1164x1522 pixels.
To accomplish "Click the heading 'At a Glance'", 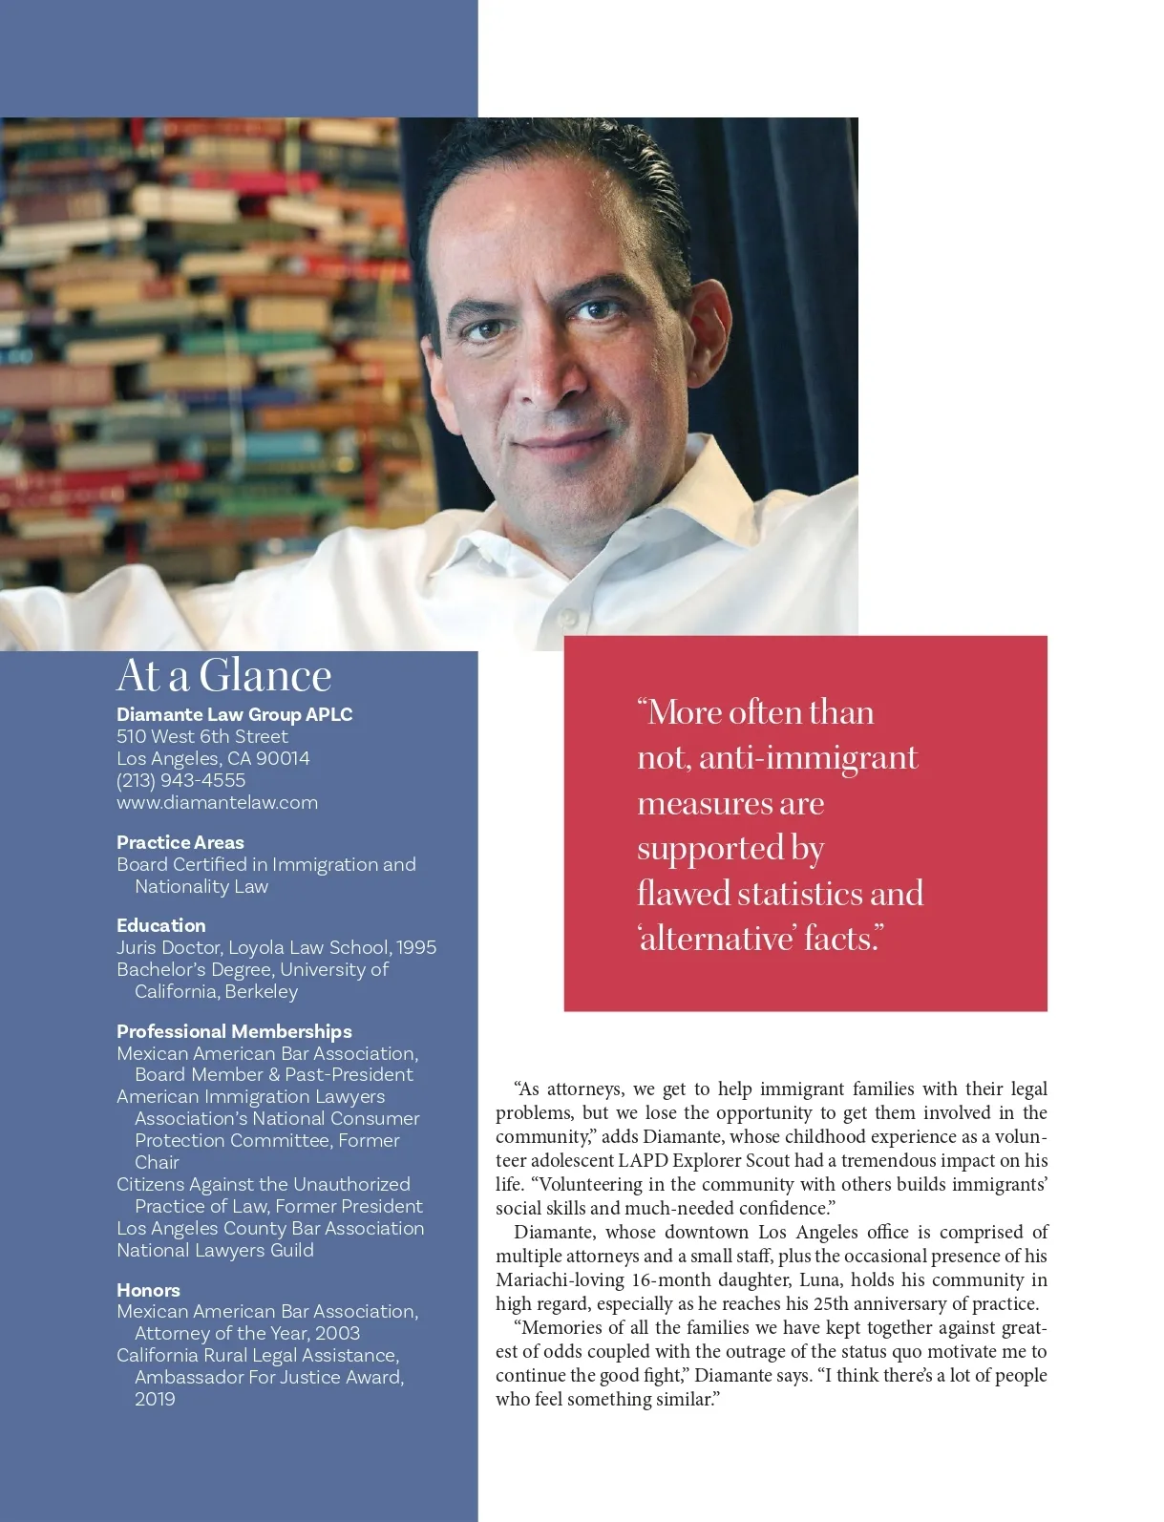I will tap(223, 676).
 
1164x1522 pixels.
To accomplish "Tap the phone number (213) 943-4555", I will tap(180, 780).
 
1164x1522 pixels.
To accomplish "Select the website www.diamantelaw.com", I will tap(217, 802).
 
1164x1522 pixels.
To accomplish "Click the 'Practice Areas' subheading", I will tap(180, 842).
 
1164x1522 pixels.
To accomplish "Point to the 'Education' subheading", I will tap(160, 925).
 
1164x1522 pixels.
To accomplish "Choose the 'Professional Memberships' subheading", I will tap(234, 1031).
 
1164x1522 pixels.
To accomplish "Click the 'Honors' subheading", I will tap(148, 1290).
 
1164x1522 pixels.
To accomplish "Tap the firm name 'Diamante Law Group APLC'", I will tap(234, 714).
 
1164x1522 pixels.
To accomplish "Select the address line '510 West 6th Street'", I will tap(201, 736).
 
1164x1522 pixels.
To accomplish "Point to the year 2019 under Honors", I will tap(155, 1399).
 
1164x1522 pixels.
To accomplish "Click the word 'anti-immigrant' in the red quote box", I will tap(808, 758).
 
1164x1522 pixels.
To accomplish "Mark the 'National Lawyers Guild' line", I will tap(215, 1250).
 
